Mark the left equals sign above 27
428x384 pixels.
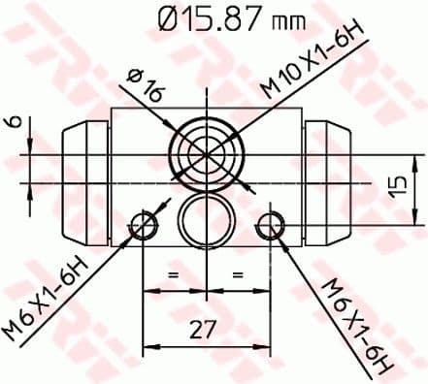pos(175,276)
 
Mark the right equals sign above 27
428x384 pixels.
pos(237,276)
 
